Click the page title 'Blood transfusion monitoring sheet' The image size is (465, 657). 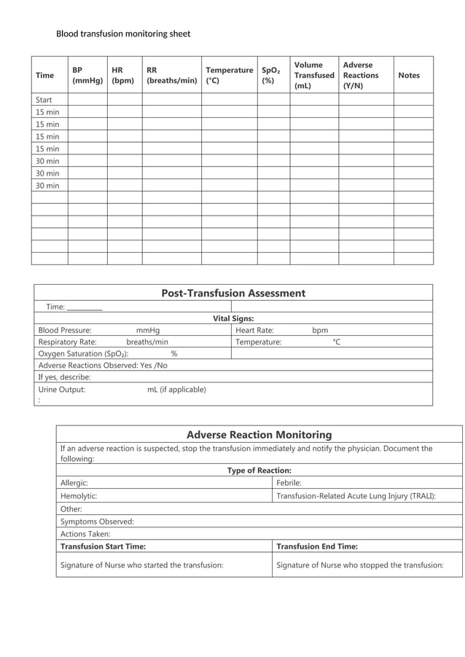pos(123,34)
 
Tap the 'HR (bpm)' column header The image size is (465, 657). pos(122,75)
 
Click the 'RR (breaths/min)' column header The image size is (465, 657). pos(171,75)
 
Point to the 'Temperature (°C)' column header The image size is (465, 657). pos(229,75)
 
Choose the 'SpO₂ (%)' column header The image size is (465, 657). pos(271,75)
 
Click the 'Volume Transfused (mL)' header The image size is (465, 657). pos(314,75)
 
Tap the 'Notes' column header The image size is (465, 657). pos(409,75)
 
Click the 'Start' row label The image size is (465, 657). pos(44,100)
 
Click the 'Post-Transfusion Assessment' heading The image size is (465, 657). pos(233,293)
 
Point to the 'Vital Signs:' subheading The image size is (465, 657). pos(233,318)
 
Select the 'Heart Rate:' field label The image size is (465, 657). pos(254,330)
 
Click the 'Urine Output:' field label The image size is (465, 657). pos(62,390)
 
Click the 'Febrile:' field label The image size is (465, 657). pos(289,482)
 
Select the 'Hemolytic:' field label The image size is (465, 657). pos(79,495)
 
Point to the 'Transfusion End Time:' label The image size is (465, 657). pos(317,546)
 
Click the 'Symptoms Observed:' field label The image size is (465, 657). pos(97,522)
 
